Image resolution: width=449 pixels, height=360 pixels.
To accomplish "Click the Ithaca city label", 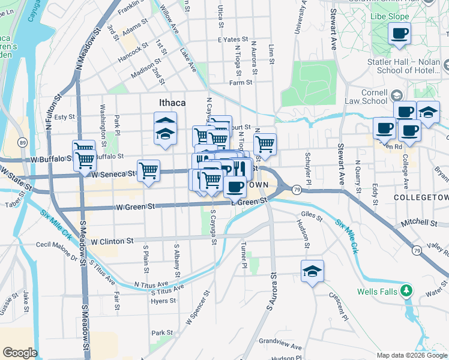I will (x=172, y=103).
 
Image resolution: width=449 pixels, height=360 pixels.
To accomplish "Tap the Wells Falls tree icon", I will (x=406, y=291).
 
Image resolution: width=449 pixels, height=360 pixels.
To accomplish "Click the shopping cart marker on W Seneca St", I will (x=148, y=171).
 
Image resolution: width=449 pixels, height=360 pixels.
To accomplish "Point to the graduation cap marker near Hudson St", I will (x=312, y=271).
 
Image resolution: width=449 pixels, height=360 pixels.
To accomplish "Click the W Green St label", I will (x=135, y=206).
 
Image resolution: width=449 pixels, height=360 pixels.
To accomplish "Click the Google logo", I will (x=19, y=353).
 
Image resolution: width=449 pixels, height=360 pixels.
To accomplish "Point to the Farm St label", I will (x=240, y=82).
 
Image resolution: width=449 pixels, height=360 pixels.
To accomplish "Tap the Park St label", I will (x=162, y=332).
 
